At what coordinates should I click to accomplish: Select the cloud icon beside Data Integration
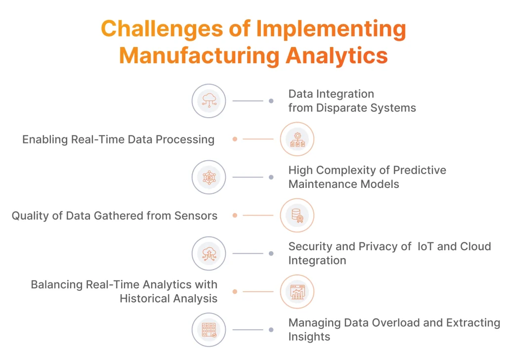tap(209, 101)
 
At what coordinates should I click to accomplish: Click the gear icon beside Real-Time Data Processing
tap(297, 139)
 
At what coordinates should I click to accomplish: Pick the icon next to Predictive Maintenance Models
tap(209, 177)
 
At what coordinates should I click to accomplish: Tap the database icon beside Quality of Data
tap(297, 215)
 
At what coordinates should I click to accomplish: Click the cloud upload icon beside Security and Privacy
tap(209, 253)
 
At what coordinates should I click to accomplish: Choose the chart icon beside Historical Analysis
tap(297, 291)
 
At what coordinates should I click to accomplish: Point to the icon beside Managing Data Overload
tap(209, 329)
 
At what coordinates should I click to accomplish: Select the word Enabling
tap(45, 139)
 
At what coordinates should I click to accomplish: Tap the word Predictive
tap(415, 171)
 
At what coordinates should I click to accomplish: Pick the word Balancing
tap(57, 285)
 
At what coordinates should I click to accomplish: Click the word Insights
tap(309, 337)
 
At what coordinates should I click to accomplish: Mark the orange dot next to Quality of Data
tap(235, 215)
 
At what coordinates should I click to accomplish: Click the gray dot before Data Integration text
tap(271, 101)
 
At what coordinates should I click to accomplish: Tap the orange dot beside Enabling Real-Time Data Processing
tap(235, 139)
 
